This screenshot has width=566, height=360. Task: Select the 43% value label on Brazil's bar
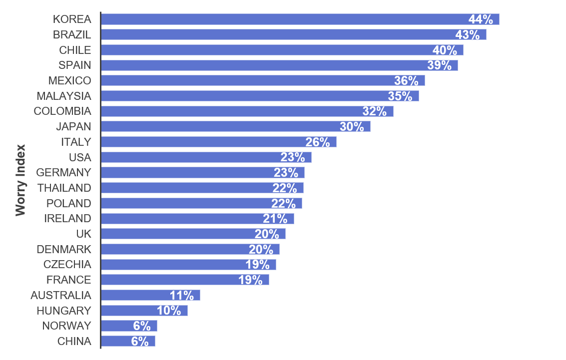pyautogui.click(x=467, y=35)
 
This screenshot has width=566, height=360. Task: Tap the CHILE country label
pyautogui.click(x=75, y=50)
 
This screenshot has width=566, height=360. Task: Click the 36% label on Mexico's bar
pyautogui.click(x=406, y=81)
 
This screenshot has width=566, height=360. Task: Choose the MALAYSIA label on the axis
pyautogui.click(x=64, y=96)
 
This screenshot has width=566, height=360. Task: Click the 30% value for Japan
pyautogui.click(x=352, y=127)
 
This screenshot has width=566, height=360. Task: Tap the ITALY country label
pyautogui.click(x=76, y=142)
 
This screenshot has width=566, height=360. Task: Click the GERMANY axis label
pyautogui.click(x=63, y=172)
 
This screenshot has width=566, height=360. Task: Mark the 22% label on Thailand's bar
pyautogui.click(x=285, y=188)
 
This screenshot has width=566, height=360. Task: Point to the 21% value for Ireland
pyautogui.click(x=275, y=219)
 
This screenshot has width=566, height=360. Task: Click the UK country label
pyautogui.click(x=83, y=234)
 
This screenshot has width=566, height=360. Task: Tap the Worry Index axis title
pyautogui.click(x=20, y=180)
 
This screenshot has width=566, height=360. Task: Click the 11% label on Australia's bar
pyautogui.click(x=181, y=295)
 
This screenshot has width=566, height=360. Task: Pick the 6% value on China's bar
pyautogui.click(x=140, y=342)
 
